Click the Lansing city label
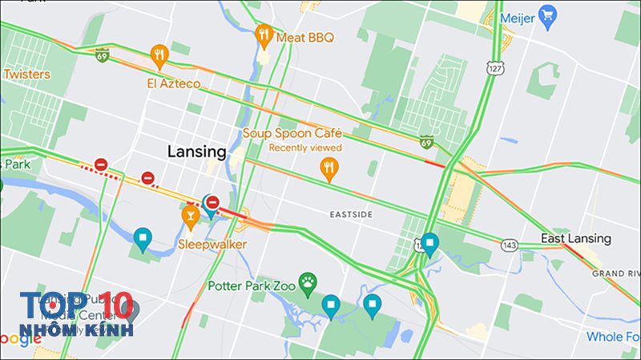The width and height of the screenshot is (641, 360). pyautogui.click(x=197, y=151)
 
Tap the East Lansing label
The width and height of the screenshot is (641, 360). pyautogui.click(x=575, y=238)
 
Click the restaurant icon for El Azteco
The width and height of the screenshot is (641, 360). pyautogui.click(x=159, y=55)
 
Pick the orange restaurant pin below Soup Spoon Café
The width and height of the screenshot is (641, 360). pyautogui.click(x=328, y=168)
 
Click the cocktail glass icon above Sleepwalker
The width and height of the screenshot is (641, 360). pyautogui.click(x=190, y=215)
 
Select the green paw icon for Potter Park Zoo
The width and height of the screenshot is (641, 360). pyautogui.click(x=308, y=282)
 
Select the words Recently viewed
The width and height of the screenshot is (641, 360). pyautogui.click(x=305, y=148)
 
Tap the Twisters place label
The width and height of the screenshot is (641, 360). pyautogui.click(x=26, y=74)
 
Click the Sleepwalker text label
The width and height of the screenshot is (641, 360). pyautogui.click(x=212, y=243)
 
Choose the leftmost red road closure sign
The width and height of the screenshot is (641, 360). pyautogui.click(x=101, y=164)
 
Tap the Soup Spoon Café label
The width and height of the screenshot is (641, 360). pyautogui.click(x=292, y=133)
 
